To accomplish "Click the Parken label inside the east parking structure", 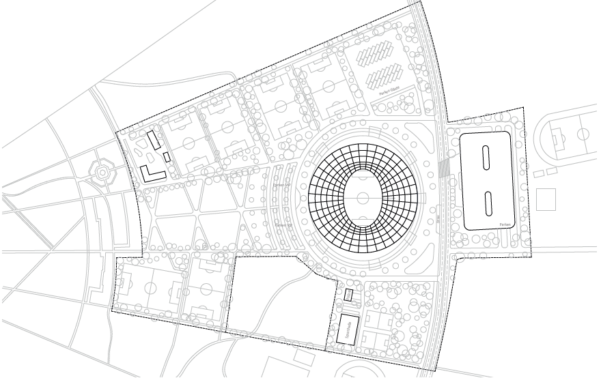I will pos(505,223).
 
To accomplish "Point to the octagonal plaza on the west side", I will pos(101,173).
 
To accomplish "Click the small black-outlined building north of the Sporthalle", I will pos(348,295).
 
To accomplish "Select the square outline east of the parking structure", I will pos(545,199).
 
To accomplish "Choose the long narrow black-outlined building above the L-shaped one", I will pos(155,141).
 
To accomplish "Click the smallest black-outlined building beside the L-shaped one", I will pos(167,157).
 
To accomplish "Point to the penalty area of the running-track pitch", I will pos(558,139).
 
